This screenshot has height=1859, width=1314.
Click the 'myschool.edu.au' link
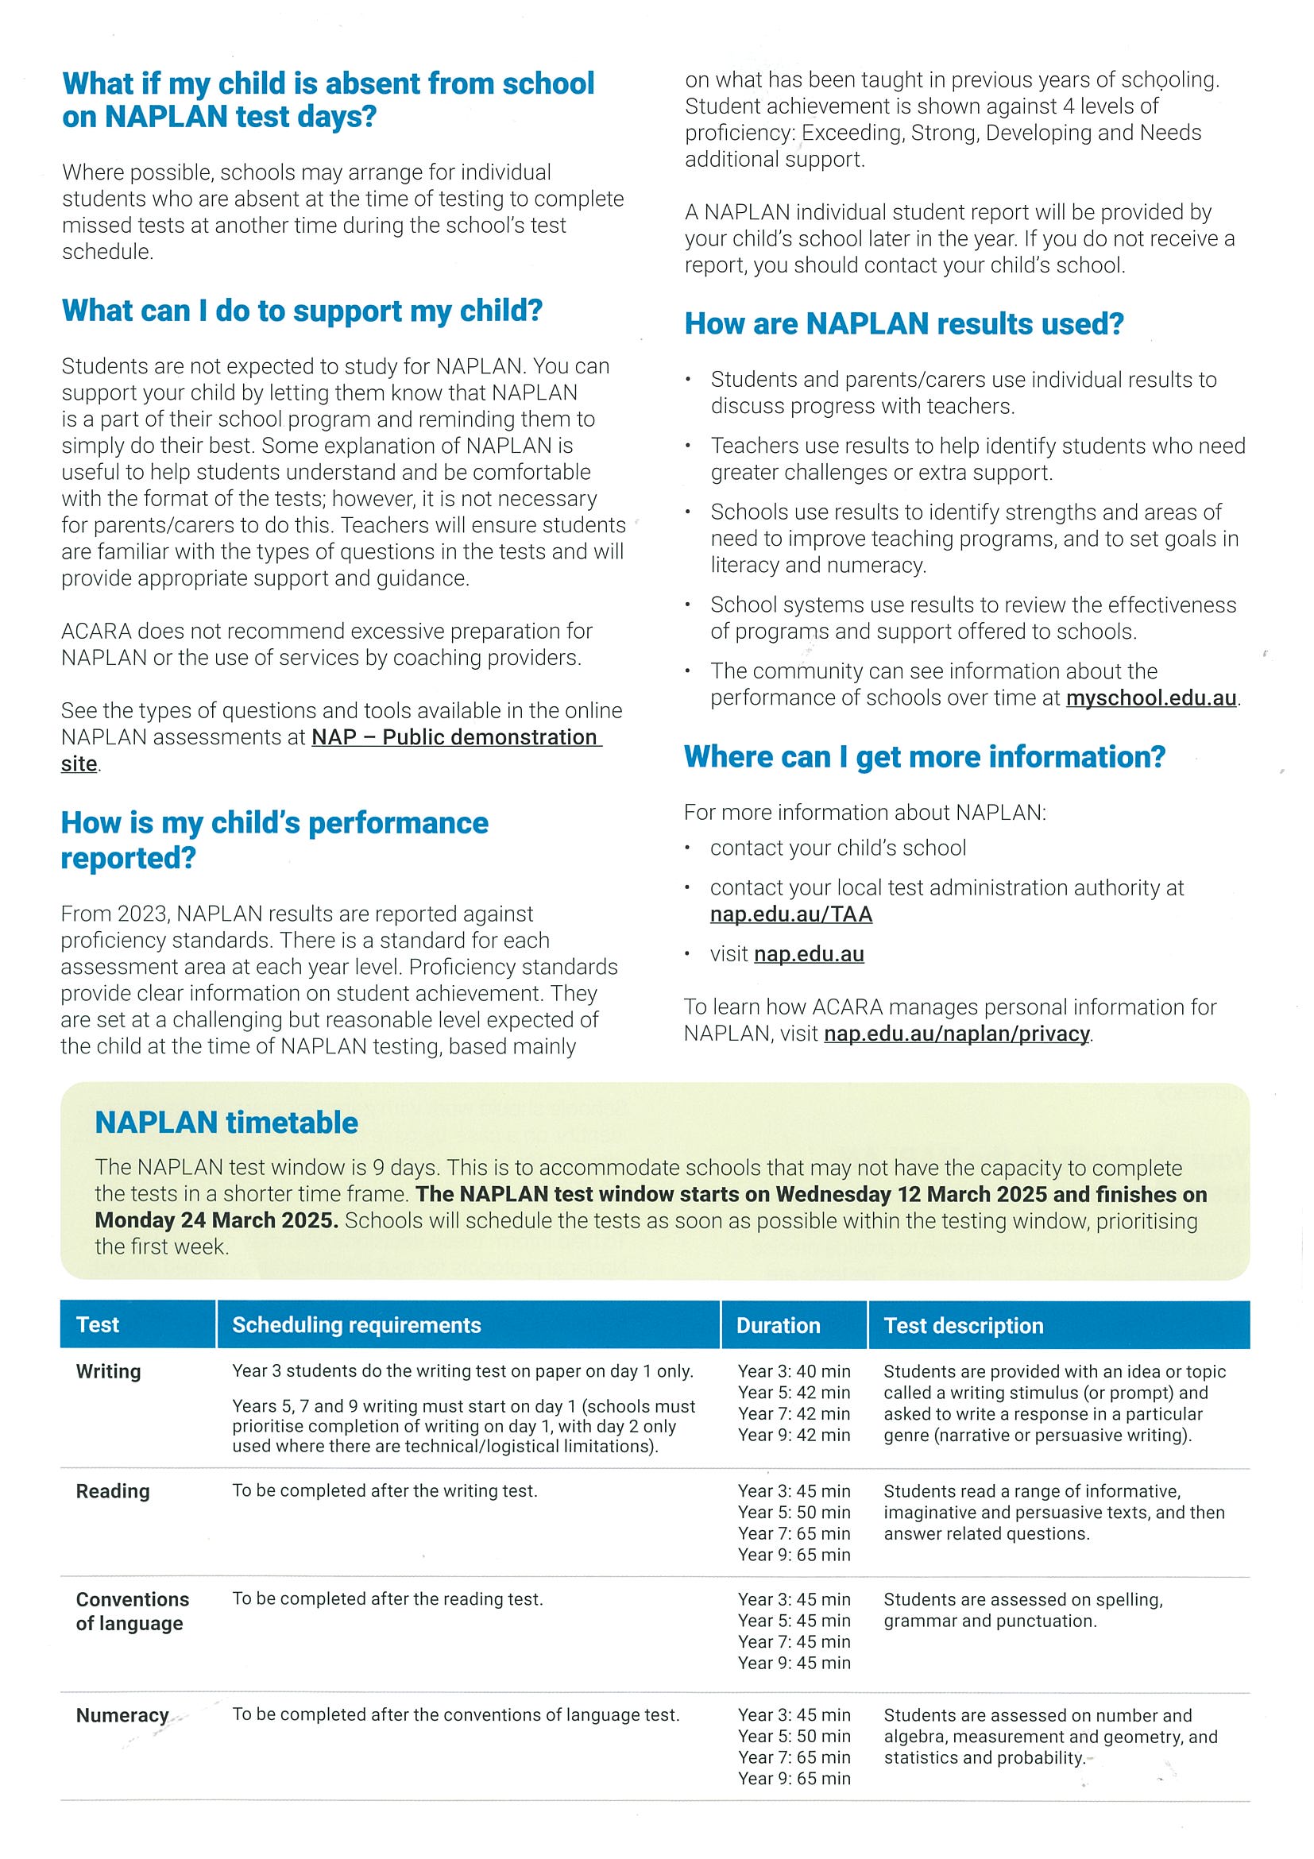pos(1150,698)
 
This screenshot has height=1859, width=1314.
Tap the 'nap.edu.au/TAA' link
pos(790,914)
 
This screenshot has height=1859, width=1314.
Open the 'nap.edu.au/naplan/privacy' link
pos(957,1034)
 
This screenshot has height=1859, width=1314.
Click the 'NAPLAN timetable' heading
pos(226,1123)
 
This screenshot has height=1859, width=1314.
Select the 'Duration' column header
pos(777,1325)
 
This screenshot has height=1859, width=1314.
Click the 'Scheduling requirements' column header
pos(356,1325)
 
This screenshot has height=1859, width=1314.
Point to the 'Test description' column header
pos(963,1325)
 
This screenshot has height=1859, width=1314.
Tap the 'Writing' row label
pos(109,1371)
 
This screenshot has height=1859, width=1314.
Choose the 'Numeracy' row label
pos(122,1716)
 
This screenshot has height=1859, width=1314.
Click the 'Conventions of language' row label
pos(132,1611)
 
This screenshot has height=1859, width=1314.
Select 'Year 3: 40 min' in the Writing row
pos(794,1371)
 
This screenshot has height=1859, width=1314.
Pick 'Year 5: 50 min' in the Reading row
pos(794,1513)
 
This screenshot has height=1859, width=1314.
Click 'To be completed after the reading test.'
pos(387,1599)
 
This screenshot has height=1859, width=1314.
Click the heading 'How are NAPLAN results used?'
pos(903,324)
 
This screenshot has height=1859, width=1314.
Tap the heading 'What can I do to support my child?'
pos(302,311)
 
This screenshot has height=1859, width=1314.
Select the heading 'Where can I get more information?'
pos(924,757)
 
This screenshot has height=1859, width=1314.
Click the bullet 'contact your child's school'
pos(837,848)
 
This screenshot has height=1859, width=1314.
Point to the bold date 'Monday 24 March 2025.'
pos(216,1220)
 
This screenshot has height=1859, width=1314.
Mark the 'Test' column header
pos(97,1325)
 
